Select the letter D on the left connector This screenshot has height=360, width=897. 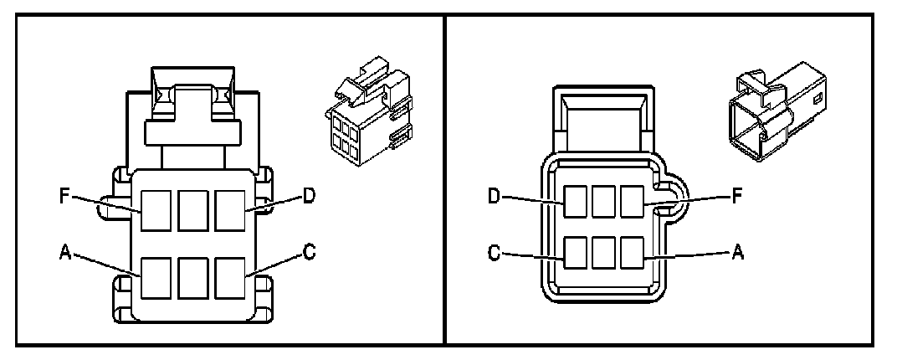(310, 196)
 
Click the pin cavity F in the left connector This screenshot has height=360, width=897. (155, 210)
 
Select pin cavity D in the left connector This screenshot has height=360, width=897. (230, 210)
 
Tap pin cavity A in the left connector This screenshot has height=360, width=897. (155, 278)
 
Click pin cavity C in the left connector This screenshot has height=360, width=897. (230, 278)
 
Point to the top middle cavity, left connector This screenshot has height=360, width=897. (192, 210)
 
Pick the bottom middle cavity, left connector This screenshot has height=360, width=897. (192, 278)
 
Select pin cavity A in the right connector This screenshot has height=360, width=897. (633, 253)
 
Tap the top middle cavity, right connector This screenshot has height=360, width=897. (603, 202)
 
